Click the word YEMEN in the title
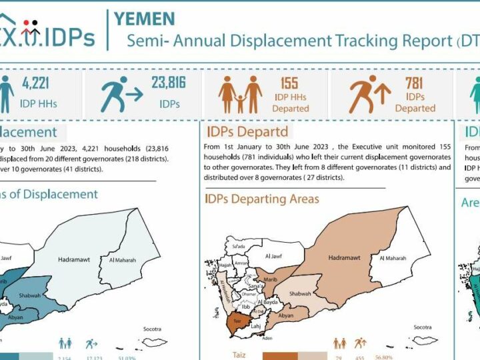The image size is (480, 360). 145,19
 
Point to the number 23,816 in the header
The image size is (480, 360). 168,83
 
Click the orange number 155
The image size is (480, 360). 290,83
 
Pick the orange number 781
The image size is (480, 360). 414,83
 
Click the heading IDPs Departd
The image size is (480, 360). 247,131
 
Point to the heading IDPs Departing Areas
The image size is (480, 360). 262,199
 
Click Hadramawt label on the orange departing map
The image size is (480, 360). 344,257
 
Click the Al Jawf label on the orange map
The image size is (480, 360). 275,255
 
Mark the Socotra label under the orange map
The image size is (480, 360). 423,327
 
